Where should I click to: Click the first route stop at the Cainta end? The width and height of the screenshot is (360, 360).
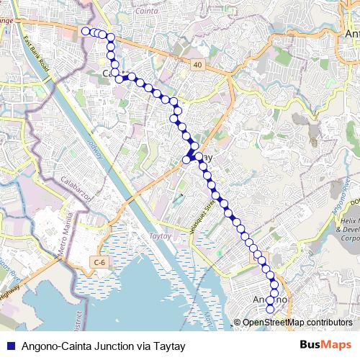click(86, 31)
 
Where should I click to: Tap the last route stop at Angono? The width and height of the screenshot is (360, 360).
click(271, 310)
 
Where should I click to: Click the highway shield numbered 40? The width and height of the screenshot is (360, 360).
click(197, 65)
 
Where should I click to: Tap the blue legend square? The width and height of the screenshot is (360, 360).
click(11, 346)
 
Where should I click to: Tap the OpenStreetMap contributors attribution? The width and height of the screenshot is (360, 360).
click(297, 322)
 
